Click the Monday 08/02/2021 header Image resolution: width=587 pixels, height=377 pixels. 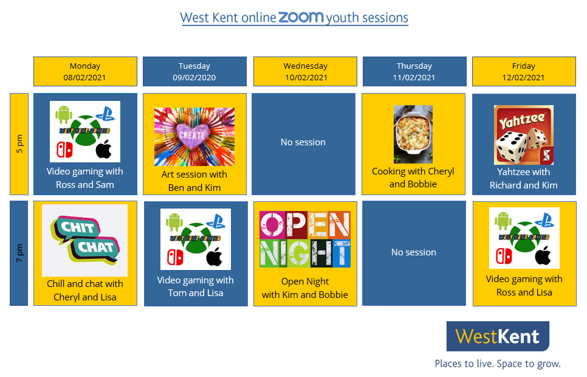point(85,72)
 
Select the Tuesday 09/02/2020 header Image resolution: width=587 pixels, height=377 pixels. point(194,72)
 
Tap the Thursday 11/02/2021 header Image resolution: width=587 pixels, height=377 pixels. point(414,72)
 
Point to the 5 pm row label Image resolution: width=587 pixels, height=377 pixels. point(19,144)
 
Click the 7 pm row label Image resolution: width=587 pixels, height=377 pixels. point(19,254)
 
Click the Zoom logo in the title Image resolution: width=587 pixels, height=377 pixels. point(301,17)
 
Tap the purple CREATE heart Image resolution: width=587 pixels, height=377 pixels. point(191,136)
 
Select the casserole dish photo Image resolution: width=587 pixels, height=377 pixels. point(413,134)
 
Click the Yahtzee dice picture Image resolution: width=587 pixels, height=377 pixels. point(523,135)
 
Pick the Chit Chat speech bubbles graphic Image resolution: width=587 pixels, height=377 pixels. point(85,240)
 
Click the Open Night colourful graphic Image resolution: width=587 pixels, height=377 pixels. point(305,239)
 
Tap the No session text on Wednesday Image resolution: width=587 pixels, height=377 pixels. point(303,142)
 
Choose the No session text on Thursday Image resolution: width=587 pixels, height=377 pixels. point(414,252)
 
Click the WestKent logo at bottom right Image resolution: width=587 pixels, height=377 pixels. point(498,336)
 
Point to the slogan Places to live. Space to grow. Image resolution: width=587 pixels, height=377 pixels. point(498,364)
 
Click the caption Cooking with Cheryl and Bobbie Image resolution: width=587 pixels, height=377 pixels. point(413,178)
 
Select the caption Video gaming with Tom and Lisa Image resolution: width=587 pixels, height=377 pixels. point(196,286)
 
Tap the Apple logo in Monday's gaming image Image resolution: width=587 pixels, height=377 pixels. point(104,150)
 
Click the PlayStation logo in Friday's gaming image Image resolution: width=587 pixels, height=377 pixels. point(544,220)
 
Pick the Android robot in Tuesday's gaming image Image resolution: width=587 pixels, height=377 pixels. point(174,223)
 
